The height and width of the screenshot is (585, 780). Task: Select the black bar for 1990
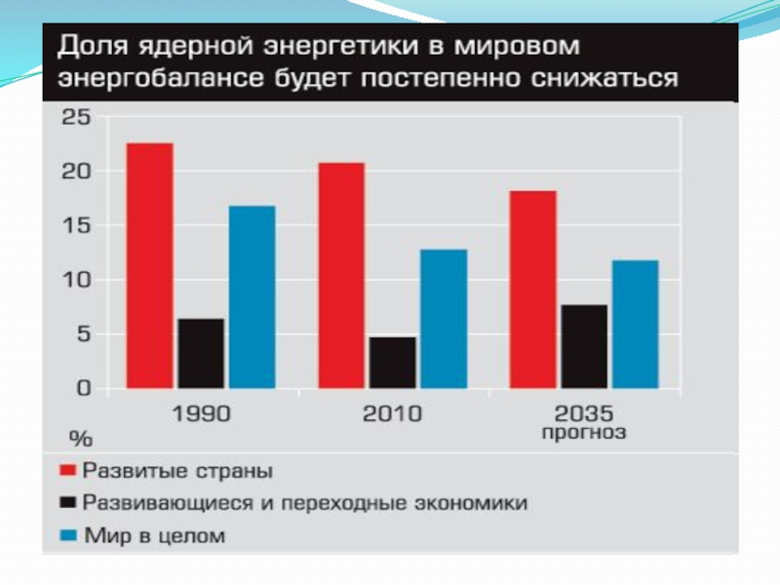(201, 353)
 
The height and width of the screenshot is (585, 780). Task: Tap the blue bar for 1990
(252, 296)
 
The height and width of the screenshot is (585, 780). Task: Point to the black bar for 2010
(392, 362)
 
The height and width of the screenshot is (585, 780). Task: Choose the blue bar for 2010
(444, 318)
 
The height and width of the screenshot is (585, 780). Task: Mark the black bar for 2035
(584, 346)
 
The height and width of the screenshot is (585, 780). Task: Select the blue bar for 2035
(635, 324)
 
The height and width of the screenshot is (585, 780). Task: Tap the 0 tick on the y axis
(83, 388)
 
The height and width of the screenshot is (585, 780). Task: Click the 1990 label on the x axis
(201, 413)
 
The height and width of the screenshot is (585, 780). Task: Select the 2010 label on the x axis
(392, 413)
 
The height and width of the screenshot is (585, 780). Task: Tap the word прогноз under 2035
(584, 432)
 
